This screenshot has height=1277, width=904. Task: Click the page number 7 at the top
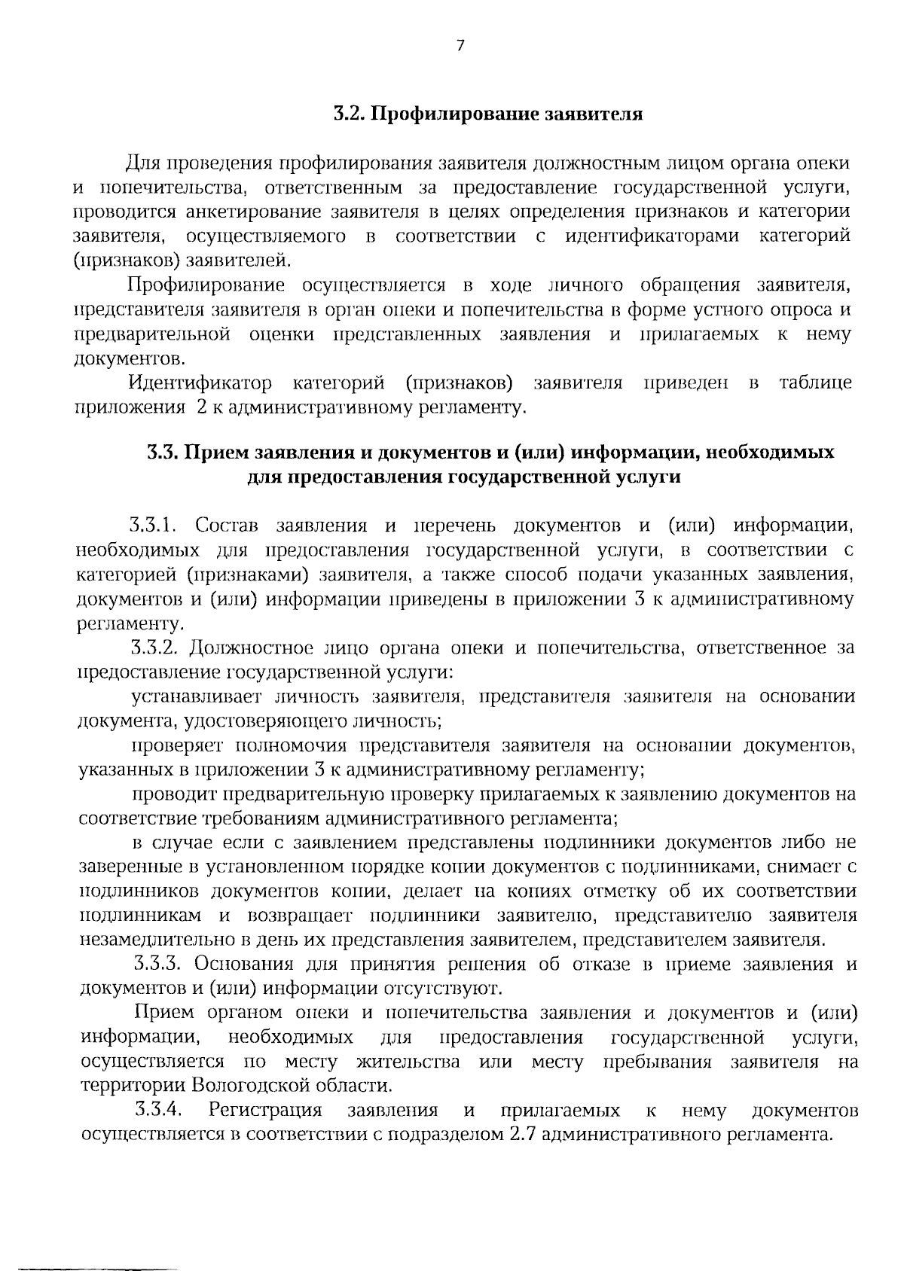point(460,46)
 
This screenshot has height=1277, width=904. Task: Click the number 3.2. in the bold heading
point(349,114)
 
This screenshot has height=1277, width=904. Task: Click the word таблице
point(815,383)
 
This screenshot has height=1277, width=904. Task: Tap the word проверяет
point(178,746)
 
